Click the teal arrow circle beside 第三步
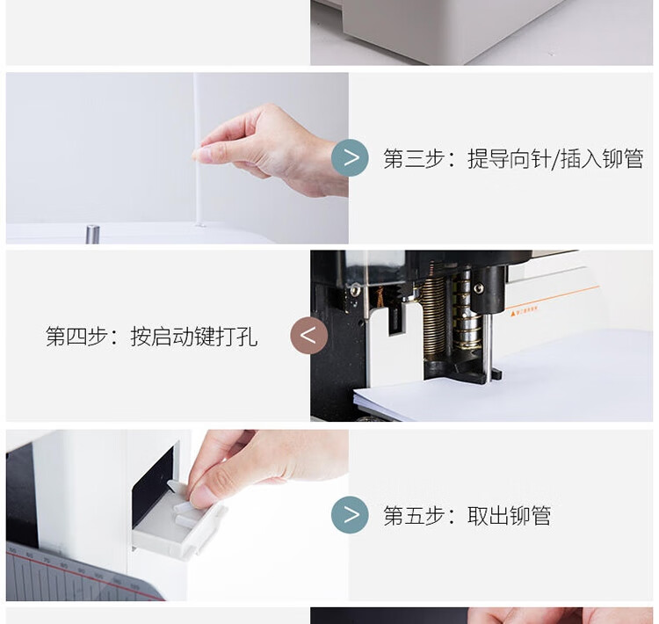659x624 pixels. click(350, 157)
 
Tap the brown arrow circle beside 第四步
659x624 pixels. click(309, 336)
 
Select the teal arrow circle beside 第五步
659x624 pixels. click(350, 515)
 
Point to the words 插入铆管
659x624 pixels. click(602, 158)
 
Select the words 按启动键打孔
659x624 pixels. click(194, 337)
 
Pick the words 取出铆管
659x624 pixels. click(509, 516)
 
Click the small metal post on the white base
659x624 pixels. click(92, 235)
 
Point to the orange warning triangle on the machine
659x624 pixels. click(513, 313)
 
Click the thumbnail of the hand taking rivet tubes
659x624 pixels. click(177, 515)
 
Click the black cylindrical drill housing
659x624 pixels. click(488, 289)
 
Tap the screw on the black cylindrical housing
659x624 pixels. click(478, 287)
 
